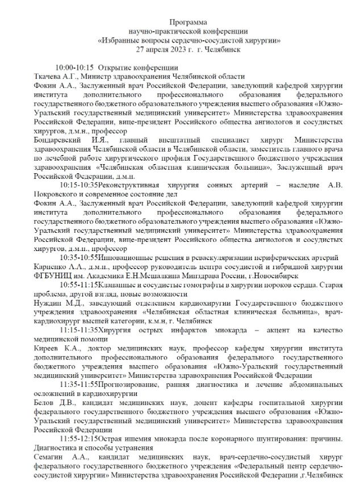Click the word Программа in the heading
(180, 21)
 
